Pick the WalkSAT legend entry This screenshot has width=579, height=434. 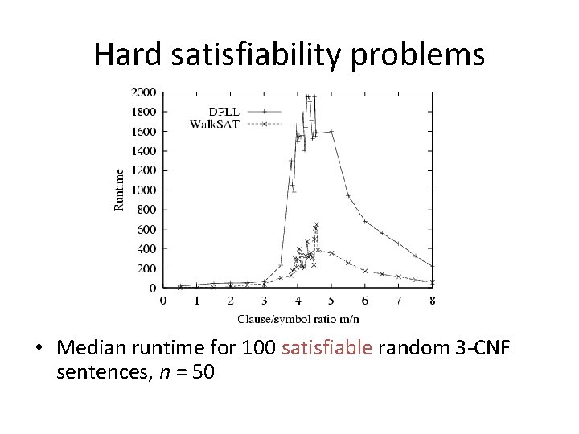[x=214, y=124]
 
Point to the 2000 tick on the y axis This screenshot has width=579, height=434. [x=143, y=92]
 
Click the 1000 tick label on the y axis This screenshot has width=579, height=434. [x=143, y=190]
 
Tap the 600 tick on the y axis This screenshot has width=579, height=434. [x=146, y=229]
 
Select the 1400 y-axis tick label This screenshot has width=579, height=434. [x=143, y=151]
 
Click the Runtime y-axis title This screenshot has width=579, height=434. [x=119, y=190]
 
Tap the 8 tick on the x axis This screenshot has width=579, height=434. [x=433, y=300]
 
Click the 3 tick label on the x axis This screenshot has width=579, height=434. [x=264, y=300]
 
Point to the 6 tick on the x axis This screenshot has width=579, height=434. [x=365, y=300]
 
